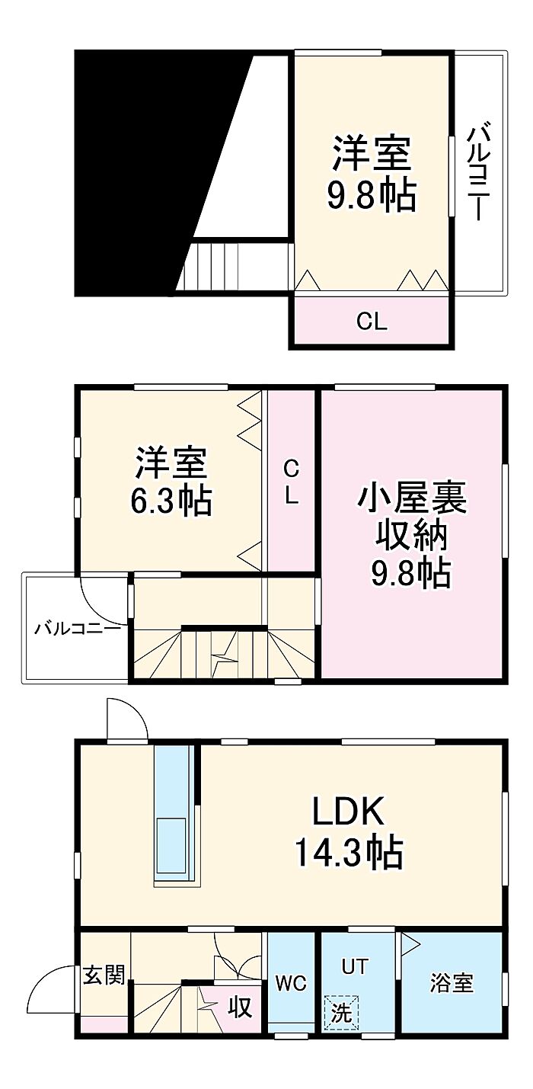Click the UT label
354,967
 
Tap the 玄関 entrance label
104,975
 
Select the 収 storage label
240,1008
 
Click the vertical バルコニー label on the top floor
477,173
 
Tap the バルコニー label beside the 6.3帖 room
77,629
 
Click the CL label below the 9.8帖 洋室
372,322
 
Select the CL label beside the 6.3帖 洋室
291,482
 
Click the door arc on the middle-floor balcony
101,599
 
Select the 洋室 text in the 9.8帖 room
371,153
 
